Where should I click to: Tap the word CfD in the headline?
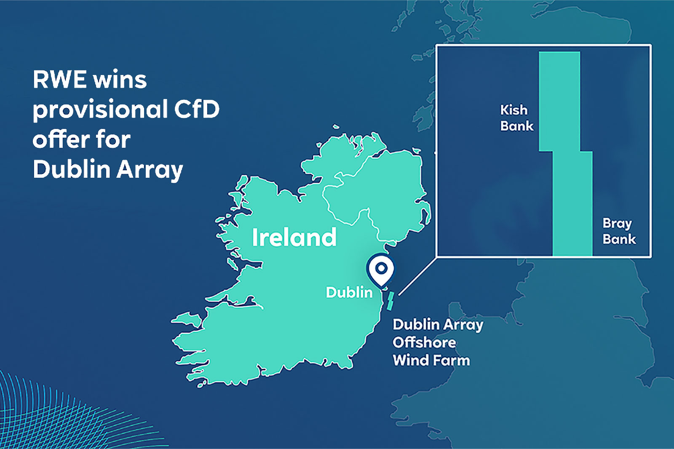coord(197,109)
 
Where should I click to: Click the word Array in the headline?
coord(150,170)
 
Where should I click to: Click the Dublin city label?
coord(349,292)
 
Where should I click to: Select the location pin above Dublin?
coord(381,270)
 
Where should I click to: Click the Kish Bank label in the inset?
coord(516,118)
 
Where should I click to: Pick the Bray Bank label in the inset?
coord(619,231)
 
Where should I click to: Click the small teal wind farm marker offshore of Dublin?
coord(390,301)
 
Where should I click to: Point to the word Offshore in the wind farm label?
coord(424,342)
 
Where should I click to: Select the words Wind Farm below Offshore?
coord(431,361)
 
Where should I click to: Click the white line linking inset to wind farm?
coord(417,276)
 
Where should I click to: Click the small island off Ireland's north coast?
coord(336,126)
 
